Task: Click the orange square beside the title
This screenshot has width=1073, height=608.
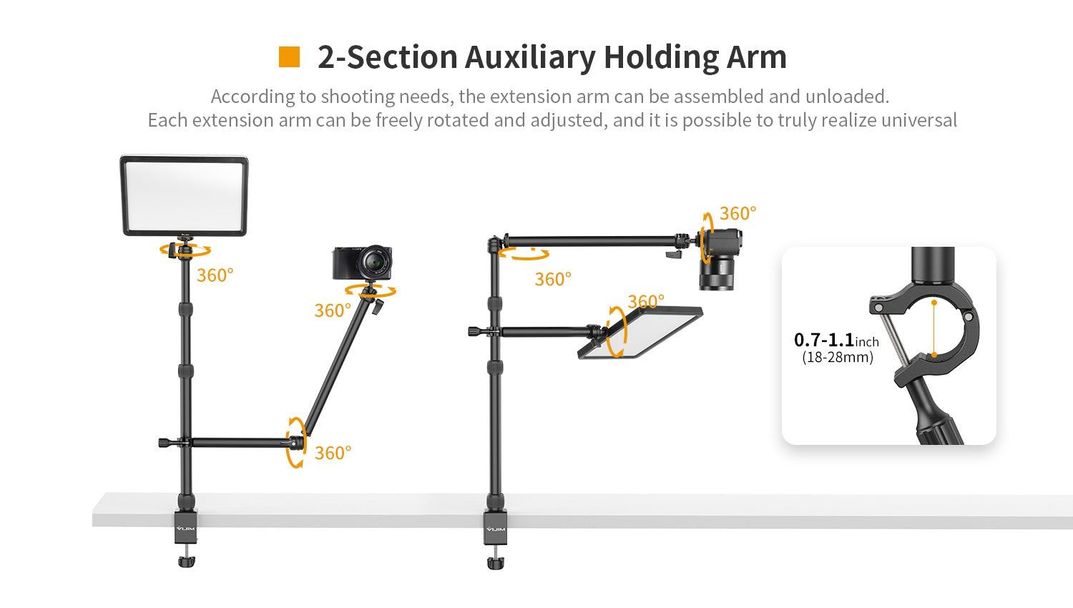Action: (289, 57)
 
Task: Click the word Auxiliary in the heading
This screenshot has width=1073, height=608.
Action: (529, 57)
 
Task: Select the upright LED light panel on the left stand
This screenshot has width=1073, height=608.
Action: (185, 195)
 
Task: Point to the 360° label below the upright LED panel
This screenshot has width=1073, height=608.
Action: (215, 275)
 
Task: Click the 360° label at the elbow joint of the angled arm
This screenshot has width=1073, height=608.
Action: (333, 453)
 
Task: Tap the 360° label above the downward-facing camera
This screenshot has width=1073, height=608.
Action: (738, 213)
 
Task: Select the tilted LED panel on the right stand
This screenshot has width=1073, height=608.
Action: (640, 333)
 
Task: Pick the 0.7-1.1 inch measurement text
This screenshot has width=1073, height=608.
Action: (836, 340)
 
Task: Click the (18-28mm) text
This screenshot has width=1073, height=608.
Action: (838, 357)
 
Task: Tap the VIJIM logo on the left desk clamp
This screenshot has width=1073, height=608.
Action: (186, 529)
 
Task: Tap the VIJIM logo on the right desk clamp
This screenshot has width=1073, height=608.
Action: (496, 529)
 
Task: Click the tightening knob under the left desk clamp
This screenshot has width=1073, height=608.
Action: (186, 562)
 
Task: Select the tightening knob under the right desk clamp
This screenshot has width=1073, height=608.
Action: (496, 562)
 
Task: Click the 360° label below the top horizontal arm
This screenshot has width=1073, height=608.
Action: (553, 279)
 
